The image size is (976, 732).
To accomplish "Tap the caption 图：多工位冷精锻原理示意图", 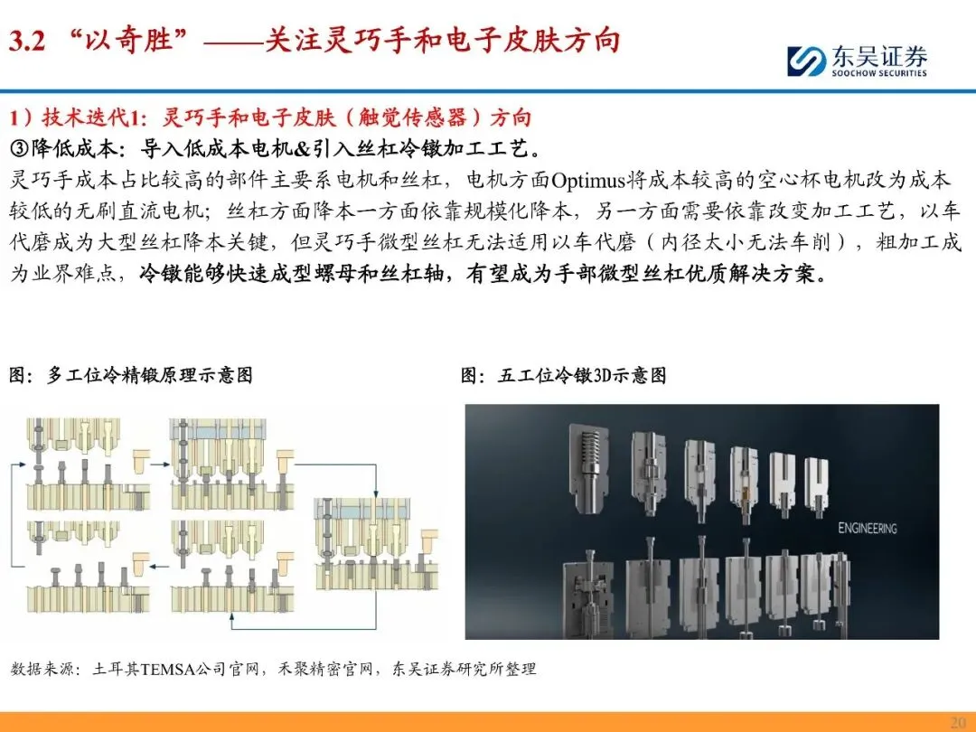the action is click(131, 375).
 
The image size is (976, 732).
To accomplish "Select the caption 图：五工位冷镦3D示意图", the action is click(563, 375).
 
